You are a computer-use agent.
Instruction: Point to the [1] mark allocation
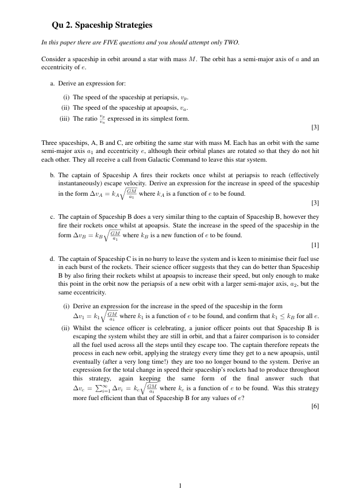coord(314,245)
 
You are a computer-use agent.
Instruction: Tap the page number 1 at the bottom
coord(180,485)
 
